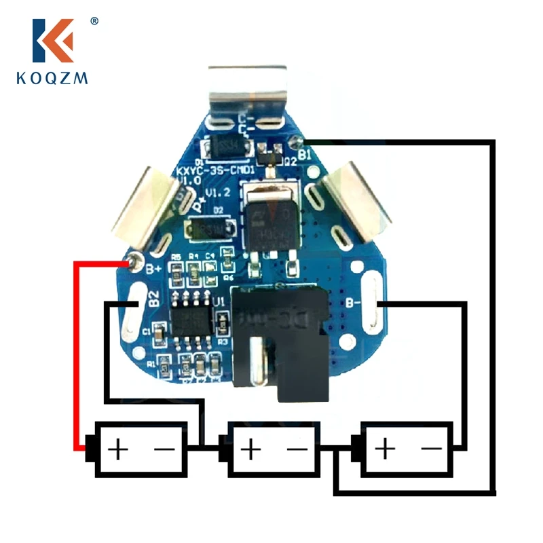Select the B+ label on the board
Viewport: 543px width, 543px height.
pyautogui.click(x=154, y=269)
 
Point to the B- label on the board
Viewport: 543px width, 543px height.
pyautogui.click(x=353, y=303)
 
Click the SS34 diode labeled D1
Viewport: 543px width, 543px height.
pyautogui.click(x=223, y=147)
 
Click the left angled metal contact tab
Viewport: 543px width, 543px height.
pyautogui.click(x=148, y=206)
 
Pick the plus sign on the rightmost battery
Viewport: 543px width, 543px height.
pyautogui.click(x=385, y=449)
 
